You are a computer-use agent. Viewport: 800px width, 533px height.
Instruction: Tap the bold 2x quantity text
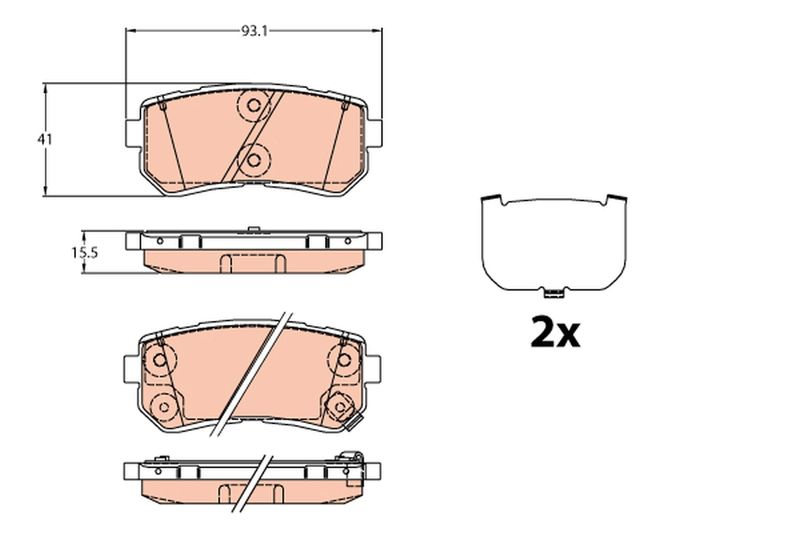(554, 334)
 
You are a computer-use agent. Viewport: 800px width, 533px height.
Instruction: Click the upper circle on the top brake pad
(253, 105)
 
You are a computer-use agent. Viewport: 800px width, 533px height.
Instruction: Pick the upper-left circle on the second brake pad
(159, 358)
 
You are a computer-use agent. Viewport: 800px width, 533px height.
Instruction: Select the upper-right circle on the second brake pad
(344, 358)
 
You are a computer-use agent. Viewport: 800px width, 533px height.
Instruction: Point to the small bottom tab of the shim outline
(549, 292)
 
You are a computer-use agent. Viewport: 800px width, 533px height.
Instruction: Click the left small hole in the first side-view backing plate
(181, 241)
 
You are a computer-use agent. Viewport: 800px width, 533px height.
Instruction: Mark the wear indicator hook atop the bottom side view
(351, 459)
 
